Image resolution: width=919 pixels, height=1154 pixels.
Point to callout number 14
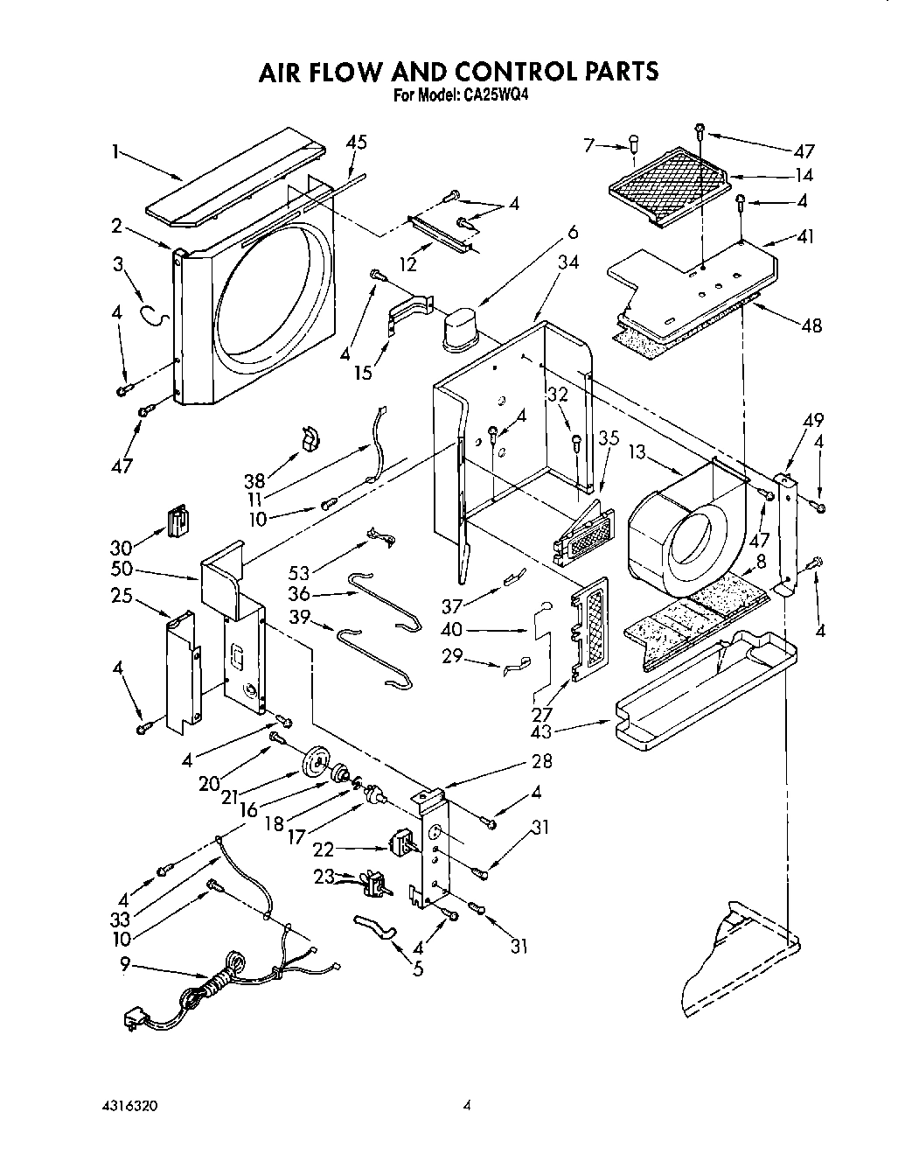point(803,175)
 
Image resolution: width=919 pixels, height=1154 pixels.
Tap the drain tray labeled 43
point(705,691)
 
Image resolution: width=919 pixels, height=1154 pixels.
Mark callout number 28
point(541,762)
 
